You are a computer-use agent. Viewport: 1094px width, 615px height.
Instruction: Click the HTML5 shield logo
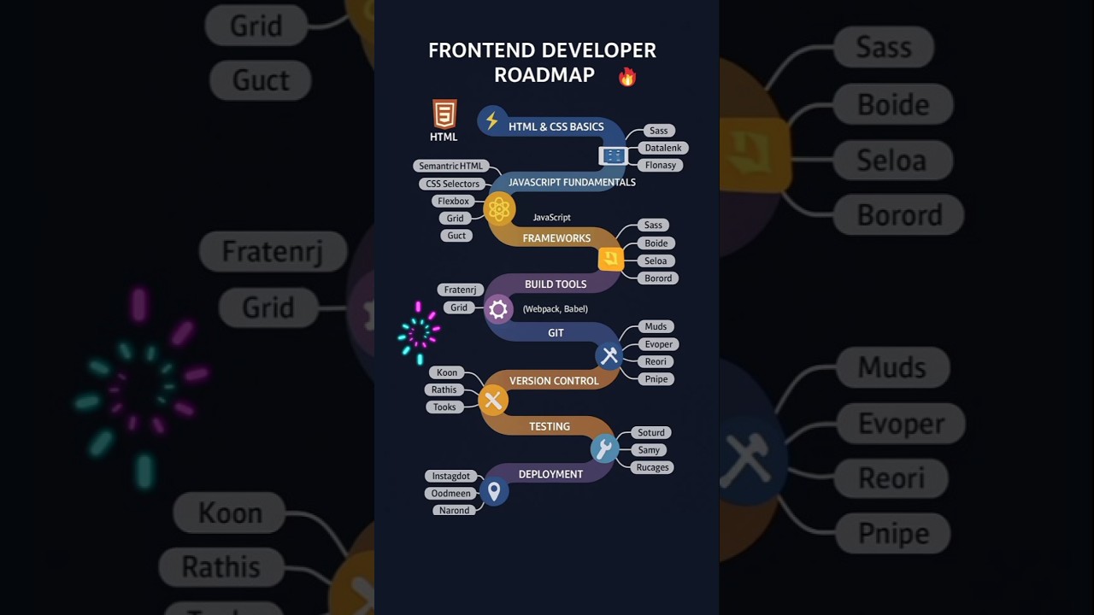coord(444,114)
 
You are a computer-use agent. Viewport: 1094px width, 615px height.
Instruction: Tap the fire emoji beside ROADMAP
coord(627,77)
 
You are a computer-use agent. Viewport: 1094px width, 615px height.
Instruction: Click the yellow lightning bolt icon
coord(491,121)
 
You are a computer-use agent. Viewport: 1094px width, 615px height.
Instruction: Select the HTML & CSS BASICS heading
coord(556,126)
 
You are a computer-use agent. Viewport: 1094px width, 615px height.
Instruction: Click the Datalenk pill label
coord(663,148)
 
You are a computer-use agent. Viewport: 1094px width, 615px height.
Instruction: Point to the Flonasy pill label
coord(660,165)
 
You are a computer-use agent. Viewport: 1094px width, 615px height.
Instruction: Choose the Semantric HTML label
coord(450,166)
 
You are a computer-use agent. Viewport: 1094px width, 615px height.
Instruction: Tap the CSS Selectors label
coord(452,184)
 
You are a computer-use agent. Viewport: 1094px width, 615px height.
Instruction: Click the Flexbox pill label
coord(453,201)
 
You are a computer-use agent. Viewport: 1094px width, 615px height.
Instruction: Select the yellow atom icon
coord(499,209)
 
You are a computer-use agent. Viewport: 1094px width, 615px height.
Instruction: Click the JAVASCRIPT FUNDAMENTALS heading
coord(572,182)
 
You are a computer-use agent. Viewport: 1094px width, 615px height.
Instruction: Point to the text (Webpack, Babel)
coord(555,308)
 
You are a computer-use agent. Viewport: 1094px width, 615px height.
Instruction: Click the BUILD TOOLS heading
coord(556,284)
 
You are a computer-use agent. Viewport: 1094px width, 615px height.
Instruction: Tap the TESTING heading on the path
coord(549,426)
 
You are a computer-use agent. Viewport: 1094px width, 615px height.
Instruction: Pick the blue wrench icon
coord(604,448)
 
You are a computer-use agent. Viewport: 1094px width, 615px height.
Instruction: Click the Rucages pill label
coord(652,467)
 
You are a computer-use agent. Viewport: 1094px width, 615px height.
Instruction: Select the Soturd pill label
coord(650,432)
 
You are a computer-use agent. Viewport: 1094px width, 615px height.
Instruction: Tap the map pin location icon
coord(493,491)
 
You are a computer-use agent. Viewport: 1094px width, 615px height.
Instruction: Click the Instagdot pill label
coord(450,476)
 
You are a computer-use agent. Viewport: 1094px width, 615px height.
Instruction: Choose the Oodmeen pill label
coord(450,493)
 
